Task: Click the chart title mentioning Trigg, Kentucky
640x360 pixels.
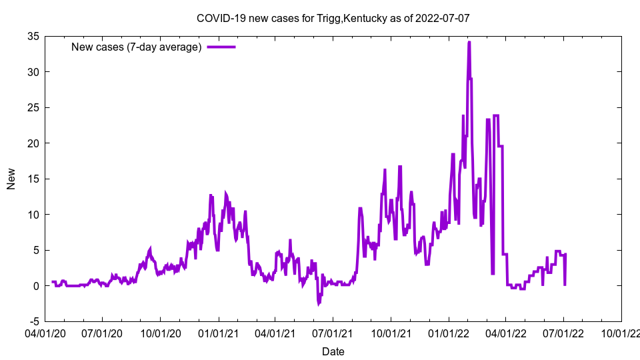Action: (x=333, y=18)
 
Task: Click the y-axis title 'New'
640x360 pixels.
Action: (x=11, y=179)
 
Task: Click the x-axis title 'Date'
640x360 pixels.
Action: (x=333, y=351)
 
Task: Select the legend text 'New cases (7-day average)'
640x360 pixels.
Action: (x=136, y=47)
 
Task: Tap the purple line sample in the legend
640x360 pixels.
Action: (x=221, y=47)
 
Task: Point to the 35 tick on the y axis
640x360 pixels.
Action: (x=31, y=36)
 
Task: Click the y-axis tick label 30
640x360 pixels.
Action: (x=31, y=72)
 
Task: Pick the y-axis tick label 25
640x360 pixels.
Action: (x=31, y=107)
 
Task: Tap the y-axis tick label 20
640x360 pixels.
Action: (x=31, y=143)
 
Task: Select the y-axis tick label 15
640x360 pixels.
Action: (x=31, y=179)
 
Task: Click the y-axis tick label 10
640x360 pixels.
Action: (x=31, y=215)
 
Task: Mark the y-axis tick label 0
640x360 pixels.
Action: (x=35, y=286)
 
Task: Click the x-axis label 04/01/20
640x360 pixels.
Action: (x=45, y=333)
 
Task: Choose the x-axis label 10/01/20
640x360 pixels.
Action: (x=160, y=333)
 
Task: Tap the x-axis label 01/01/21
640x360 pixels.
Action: (x=218, y=333)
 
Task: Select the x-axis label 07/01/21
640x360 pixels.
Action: (x=333, y=333)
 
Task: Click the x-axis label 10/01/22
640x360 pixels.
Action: (x=621, y=333)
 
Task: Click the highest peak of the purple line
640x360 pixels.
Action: (x=469, y=42)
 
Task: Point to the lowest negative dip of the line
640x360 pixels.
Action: (x=319, y=304)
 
